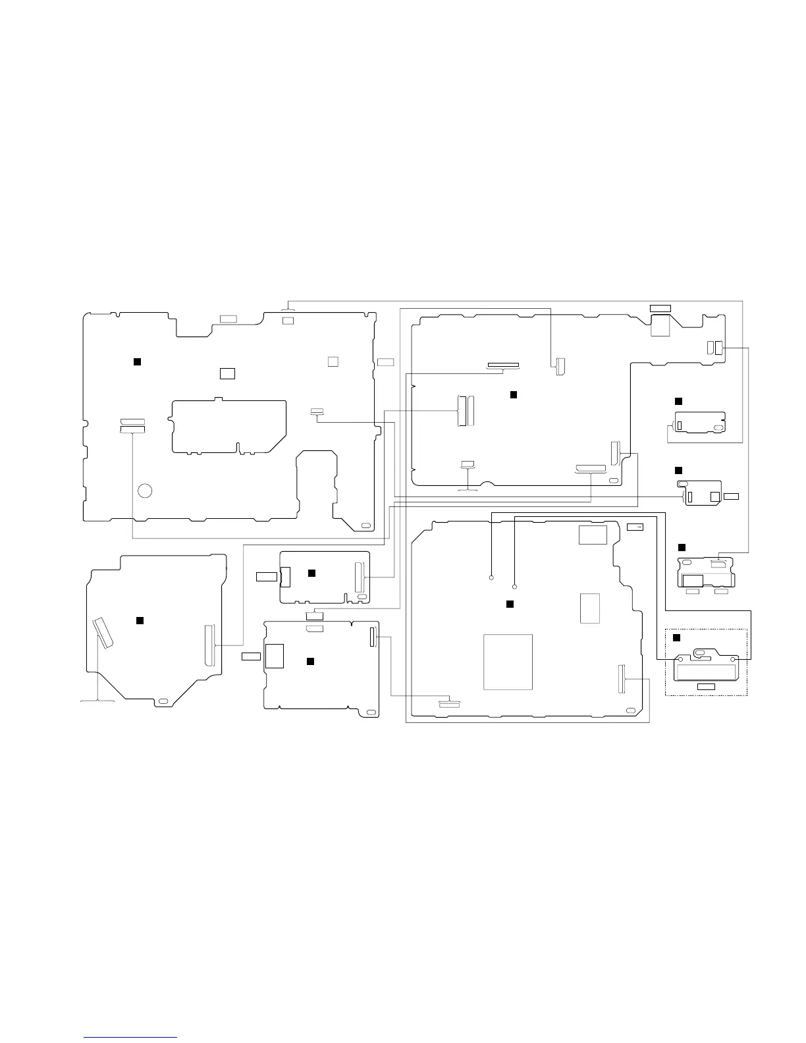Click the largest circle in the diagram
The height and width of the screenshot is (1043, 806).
click(145, 491)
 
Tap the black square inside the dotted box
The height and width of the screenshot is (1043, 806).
click(676, 637)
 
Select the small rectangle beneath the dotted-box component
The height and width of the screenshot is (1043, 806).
click(706, 687)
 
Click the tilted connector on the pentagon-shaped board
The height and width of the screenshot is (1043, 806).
click(103, 633)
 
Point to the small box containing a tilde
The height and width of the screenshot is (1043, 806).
click(635, 527)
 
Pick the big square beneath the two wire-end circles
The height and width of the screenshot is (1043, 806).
click(508, 662)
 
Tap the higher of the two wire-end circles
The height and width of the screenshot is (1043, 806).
click(492, 577)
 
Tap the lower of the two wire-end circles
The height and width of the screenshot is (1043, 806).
click(514, 586)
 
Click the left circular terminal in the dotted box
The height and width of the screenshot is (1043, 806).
click(681, 658)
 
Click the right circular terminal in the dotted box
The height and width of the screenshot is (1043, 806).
click(734, 658)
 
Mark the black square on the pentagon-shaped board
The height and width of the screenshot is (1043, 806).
click(139, 620)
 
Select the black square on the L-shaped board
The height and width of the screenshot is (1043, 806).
click(514, 394)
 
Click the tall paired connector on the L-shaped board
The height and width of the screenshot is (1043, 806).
click(465, 410)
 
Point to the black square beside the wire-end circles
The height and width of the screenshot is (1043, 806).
click(508, 604)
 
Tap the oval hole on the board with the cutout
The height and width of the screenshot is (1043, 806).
click(366, 526)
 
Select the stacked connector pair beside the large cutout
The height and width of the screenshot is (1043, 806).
click(132, 425)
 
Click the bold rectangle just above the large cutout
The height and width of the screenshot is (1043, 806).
click(227, 373)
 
